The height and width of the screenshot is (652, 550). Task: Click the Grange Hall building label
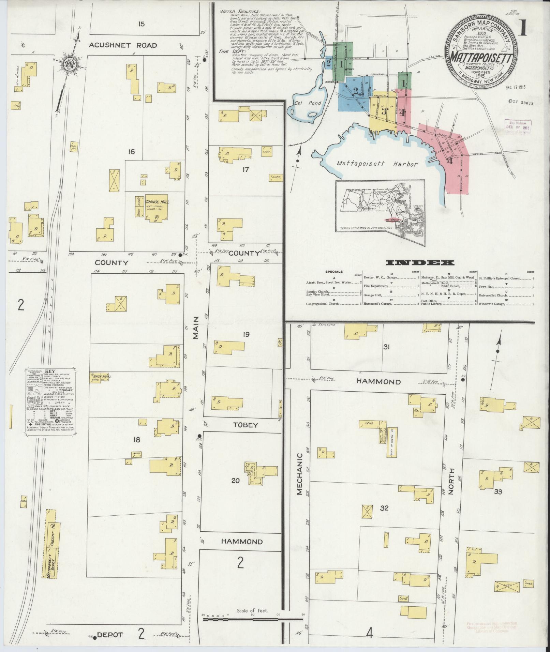[x=157, y=201]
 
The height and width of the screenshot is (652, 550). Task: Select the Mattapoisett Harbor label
[x=377, y=164]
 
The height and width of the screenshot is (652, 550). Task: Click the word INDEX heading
[x=420, y=262]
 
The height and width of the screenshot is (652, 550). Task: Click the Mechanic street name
[x=299, y=474]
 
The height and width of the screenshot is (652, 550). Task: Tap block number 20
[x=236, y=481]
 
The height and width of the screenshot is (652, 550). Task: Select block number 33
[x=498, y=492]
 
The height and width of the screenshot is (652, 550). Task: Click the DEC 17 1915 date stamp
[x=516, y=87]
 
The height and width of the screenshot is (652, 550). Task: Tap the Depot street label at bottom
[x=110, y=635]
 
